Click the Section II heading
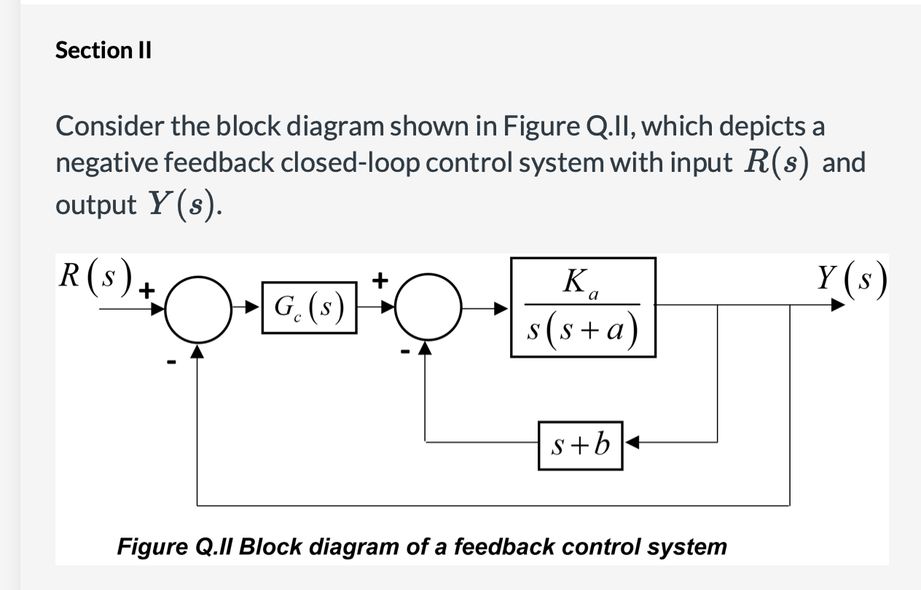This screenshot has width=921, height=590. coord(103,50)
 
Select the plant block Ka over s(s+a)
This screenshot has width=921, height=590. coord(583,307)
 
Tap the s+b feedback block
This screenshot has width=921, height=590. coord(581,444)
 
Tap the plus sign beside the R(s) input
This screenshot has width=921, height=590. coord(146,291)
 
